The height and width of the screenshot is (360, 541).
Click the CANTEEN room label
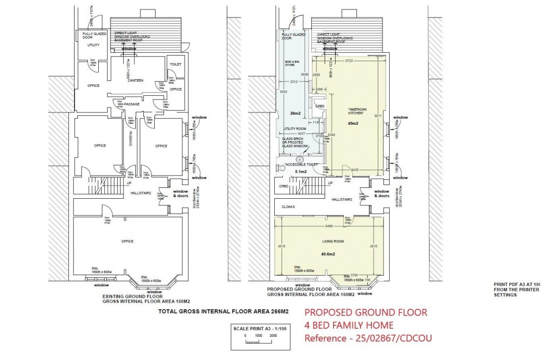(x=135, y=80)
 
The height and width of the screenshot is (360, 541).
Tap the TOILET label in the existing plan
(x=176, y=64)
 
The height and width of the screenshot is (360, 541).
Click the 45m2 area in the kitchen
(x=353, y=123)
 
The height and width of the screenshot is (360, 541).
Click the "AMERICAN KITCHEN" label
(x=356, y=111)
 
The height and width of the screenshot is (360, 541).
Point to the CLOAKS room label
(x=289, y=207)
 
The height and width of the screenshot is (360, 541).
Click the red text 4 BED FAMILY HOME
(x=349, y=325)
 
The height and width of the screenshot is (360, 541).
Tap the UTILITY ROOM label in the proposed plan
(x=295, y=129)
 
